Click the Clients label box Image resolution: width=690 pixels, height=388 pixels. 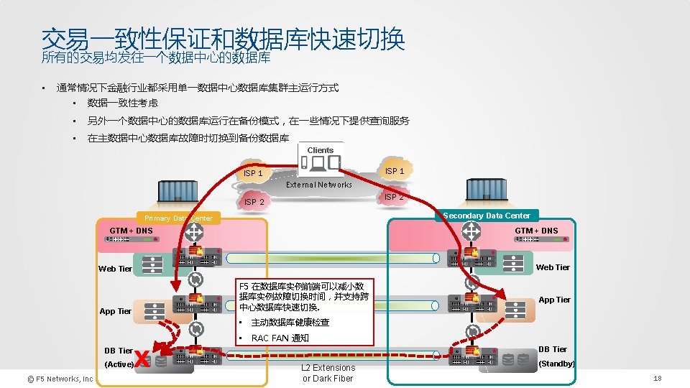(321, 150)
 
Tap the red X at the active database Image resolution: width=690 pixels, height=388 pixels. (142, 357)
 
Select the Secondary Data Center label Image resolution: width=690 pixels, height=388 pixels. (487, 216)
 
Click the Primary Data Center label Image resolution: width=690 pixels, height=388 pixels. (178, 218)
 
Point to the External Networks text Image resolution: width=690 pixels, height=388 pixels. (319, 185)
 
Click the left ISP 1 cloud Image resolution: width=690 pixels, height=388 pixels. (253, 173)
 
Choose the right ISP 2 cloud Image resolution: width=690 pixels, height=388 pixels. (394, 197)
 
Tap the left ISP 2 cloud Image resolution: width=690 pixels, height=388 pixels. (254, 203)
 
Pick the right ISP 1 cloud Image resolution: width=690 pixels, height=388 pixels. (395, 171)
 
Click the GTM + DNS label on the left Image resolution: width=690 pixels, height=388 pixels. (131, 231)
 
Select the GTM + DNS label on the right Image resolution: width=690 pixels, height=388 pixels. (536, 231)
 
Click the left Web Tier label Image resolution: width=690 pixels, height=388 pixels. (115, 269)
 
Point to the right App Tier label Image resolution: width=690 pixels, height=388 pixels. (555, 300)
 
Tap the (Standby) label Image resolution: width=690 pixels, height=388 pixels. (557, 364)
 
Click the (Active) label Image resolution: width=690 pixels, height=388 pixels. (119, 364)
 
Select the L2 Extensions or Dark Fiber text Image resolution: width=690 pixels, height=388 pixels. (328, 373)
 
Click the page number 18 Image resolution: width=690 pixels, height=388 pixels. (657, 378)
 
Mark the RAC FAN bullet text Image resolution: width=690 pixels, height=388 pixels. (280, 338)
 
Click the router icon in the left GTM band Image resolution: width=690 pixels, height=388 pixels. (193, 232)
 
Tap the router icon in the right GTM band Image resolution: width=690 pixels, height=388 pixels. (471, 231)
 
